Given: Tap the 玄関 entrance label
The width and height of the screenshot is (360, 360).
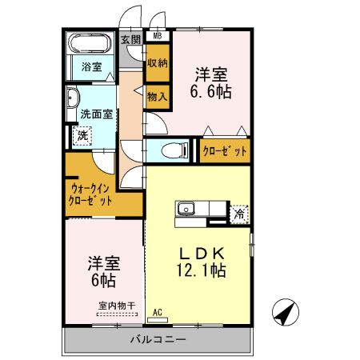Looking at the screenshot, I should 130,38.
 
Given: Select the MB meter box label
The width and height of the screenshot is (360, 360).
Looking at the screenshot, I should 157,36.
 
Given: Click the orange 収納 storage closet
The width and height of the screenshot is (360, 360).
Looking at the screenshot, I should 157,62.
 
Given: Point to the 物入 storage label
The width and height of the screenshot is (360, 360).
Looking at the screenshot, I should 157,97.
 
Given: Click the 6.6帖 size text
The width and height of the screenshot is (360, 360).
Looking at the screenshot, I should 210,93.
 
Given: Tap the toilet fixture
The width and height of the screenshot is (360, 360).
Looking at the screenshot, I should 172,150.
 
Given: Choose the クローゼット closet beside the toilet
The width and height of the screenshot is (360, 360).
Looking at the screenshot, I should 224,150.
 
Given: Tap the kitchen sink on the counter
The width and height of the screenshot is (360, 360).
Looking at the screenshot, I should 186,210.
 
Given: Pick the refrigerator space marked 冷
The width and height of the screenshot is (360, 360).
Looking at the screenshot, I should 238,214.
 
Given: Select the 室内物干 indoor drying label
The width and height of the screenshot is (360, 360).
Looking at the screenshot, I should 117,305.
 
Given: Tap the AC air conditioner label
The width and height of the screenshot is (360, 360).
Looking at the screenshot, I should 157,313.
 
